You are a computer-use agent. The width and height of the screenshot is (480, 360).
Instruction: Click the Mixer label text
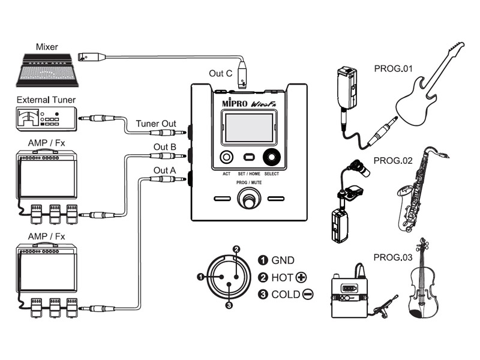[x=47, y=47]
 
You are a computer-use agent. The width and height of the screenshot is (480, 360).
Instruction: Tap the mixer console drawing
[x=47, y=70]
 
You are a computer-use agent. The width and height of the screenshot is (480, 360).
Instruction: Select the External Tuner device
[x=47, y=119]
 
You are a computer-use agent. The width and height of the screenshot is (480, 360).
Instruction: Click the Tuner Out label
[x=156, y=124]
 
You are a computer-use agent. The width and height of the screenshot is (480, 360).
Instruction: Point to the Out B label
[x=164, y=147]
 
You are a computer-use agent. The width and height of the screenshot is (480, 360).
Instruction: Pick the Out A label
[x=164, y=170]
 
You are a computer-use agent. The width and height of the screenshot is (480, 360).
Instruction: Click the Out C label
[x=220, y=73]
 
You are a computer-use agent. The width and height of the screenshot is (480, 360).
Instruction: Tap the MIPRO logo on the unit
[x=235, y=103]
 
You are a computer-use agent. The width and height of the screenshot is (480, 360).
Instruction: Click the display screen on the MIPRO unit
[x=249, y=128]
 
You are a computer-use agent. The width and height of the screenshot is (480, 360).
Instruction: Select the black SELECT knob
[x=272, y=157]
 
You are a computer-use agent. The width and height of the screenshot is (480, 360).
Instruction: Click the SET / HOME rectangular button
[x=249, y=157]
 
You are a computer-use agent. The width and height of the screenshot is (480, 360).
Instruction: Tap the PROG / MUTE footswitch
[x=249, y=199]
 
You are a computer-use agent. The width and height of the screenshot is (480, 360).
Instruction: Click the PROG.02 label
[x=393, y=161]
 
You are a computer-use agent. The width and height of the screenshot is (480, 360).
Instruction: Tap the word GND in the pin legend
[x=283, y=260]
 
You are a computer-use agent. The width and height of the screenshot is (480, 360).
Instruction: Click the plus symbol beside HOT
[x=302, y=278]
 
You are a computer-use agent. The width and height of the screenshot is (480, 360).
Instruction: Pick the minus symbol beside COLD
[x=308, y=295]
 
